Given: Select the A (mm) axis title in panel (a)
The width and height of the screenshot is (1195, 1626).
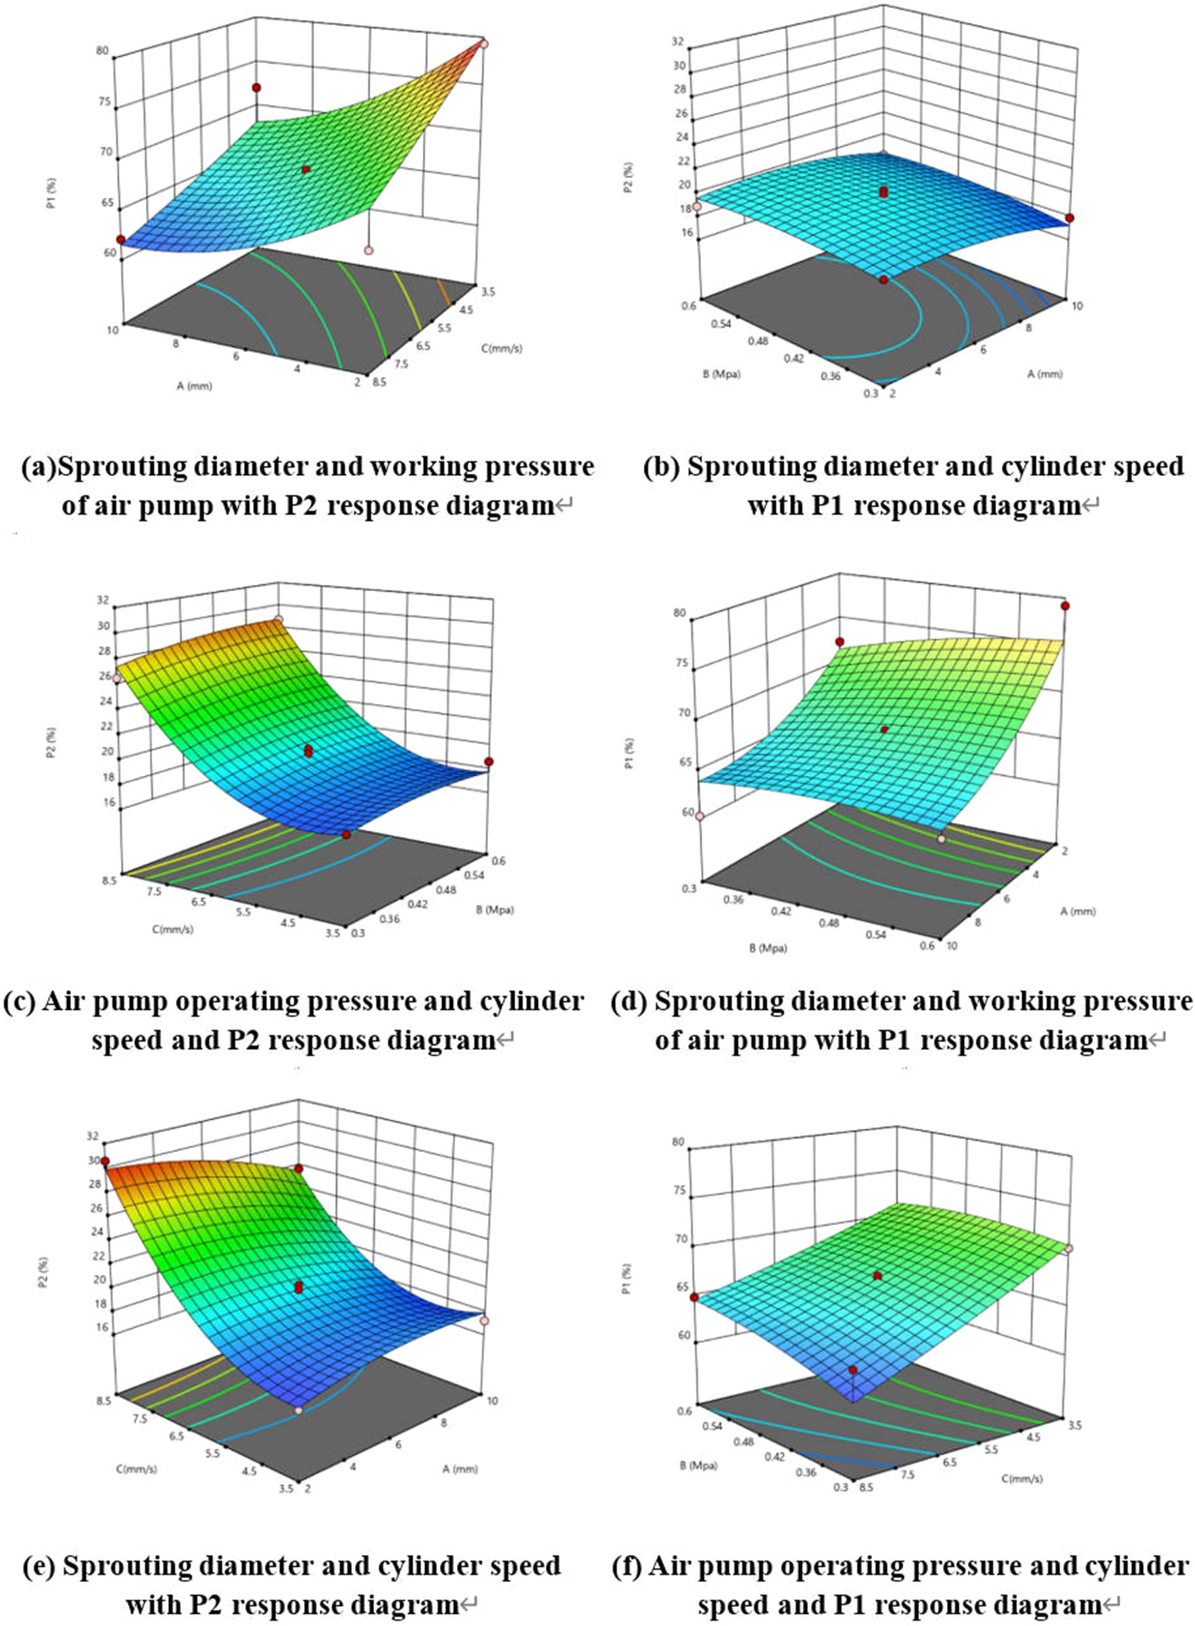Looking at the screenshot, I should point(194,385).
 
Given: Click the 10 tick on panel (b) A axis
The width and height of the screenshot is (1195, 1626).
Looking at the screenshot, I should point(1077,306).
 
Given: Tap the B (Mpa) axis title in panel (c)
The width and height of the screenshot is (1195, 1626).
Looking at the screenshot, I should point(495,909).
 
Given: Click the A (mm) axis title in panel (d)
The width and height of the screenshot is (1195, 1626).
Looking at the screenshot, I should point(1078,912).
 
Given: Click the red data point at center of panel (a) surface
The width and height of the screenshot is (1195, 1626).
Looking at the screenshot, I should point(306,169).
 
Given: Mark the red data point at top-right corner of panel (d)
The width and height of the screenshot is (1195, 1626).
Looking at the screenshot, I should point(1064,606).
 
